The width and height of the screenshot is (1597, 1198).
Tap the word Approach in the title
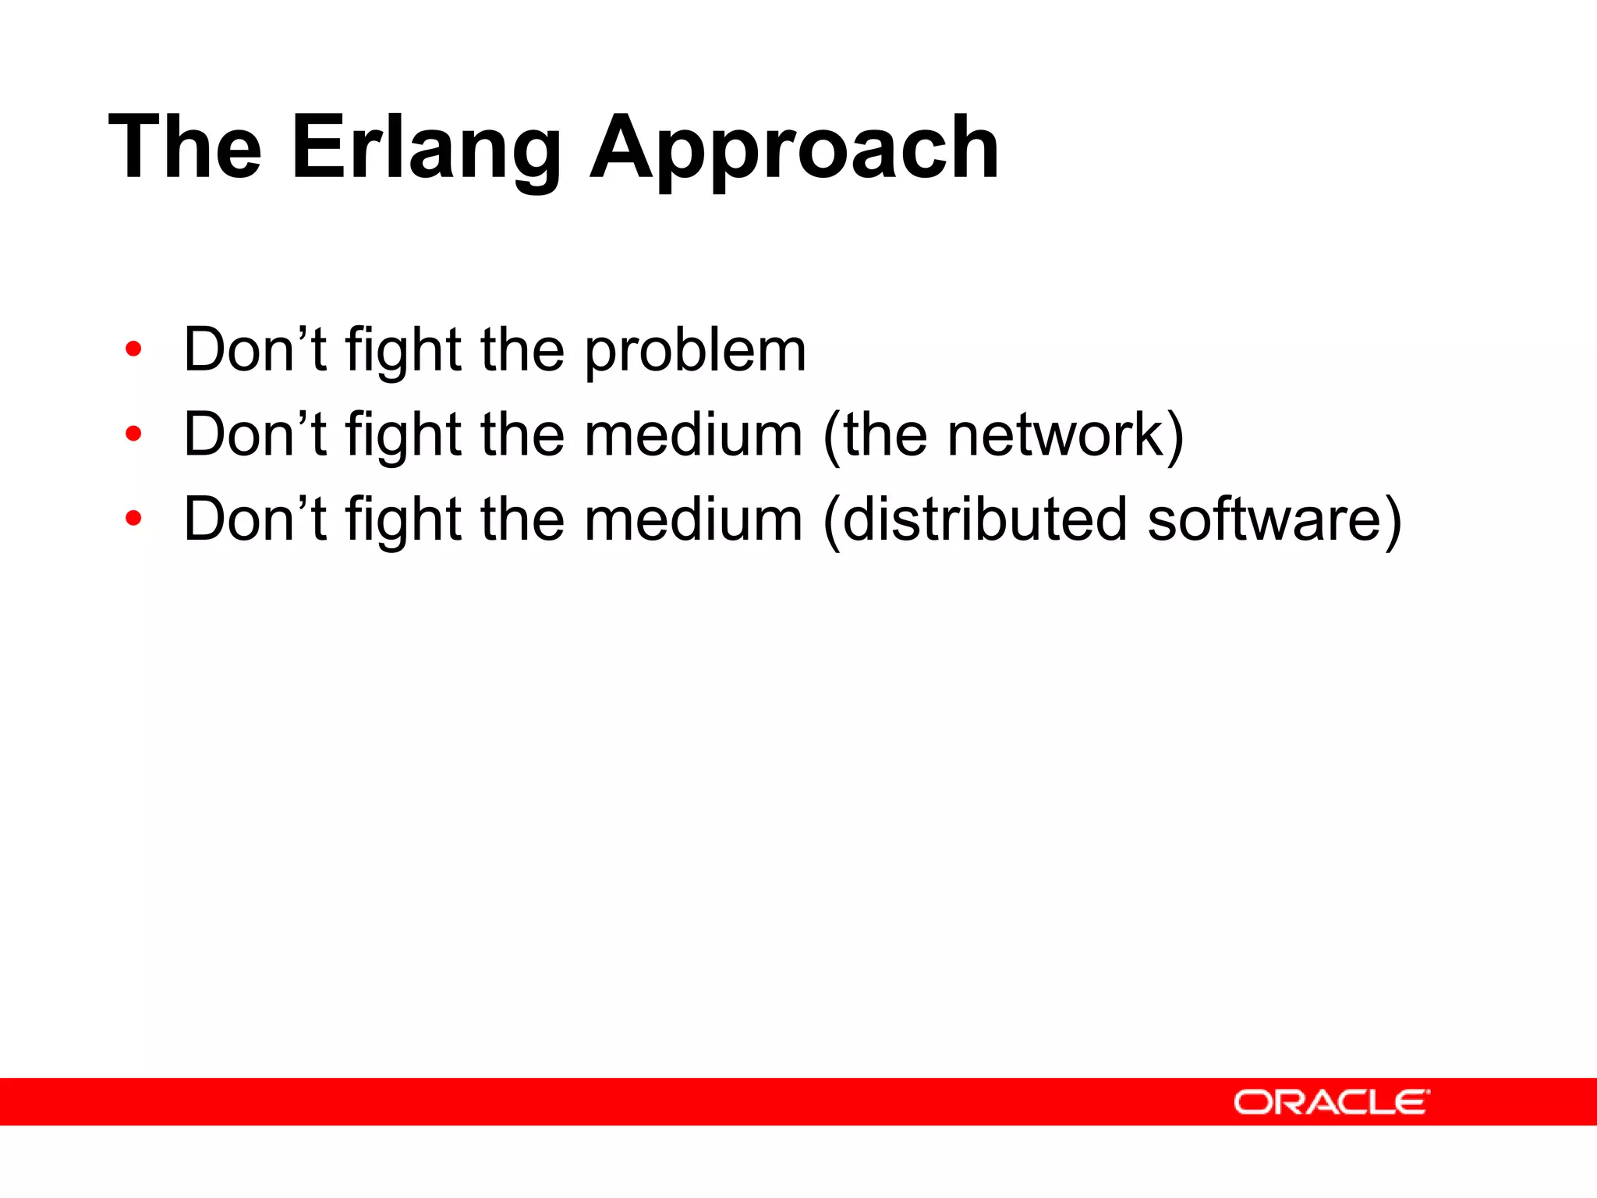click(794, 148)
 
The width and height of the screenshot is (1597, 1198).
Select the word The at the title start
click(186, 148)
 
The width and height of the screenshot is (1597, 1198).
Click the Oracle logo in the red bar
click(1331, 1102)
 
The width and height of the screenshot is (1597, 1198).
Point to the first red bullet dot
click(133, 349)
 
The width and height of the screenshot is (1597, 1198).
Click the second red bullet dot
click(133, 434)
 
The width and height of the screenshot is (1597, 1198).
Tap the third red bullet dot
click(133, 518)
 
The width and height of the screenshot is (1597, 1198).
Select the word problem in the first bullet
click(696, 351)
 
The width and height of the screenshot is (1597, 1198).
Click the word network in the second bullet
click(1056, 435)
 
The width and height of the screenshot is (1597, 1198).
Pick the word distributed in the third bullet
click(985, 519)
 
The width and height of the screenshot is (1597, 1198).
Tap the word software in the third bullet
click(1262, 519)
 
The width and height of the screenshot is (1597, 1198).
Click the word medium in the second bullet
click(693, 435)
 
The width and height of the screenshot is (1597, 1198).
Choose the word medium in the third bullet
click(693, 519)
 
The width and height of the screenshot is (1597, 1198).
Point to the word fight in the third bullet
click(404, 521)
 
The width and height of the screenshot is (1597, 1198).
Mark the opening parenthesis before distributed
click(832, 521)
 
